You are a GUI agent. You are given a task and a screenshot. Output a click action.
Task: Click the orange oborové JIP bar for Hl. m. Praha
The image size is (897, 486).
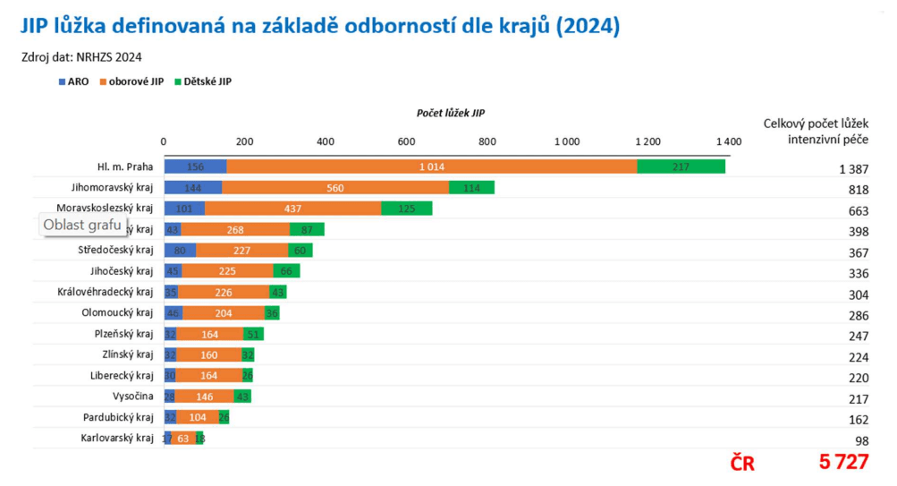[431, 166]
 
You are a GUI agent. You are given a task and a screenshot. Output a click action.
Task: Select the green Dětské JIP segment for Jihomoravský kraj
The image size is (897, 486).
[471, 188]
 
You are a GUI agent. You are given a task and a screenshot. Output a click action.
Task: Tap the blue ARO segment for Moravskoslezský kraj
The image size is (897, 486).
[184, 209]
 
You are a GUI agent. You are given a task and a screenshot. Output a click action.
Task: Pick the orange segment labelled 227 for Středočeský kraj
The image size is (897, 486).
[236, 251]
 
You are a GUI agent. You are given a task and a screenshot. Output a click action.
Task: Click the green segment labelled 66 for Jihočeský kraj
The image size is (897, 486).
[286, 271]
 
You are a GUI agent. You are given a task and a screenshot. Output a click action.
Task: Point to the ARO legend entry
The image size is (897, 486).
[73, 81]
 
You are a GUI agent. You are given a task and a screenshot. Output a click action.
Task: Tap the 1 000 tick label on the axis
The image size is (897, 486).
[567, 141]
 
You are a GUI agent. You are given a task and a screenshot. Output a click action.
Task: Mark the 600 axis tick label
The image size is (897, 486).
[406, 141]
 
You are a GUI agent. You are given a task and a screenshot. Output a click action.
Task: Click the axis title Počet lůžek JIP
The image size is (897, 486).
[451, 113]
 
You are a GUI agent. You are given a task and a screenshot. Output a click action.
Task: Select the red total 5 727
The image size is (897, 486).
[843, 463]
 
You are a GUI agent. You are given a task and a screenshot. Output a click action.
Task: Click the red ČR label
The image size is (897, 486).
[742, 464]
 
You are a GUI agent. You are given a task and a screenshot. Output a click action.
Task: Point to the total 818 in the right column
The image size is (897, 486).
[859, 190]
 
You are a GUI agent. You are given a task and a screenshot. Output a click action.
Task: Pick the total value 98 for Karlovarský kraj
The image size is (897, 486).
[862, 441]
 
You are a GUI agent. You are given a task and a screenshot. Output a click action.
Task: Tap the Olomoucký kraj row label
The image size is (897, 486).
[117, 313]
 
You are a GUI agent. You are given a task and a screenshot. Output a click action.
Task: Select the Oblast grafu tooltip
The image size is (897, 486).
[82, 225]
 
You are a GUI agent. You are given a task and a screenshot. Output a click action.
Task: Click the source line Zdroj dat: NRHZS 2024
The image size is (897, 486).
[82, 56]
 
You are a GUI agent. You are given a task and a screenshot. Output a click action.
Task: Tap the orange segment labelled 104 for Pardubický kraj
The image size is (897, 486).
[197, 418]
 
